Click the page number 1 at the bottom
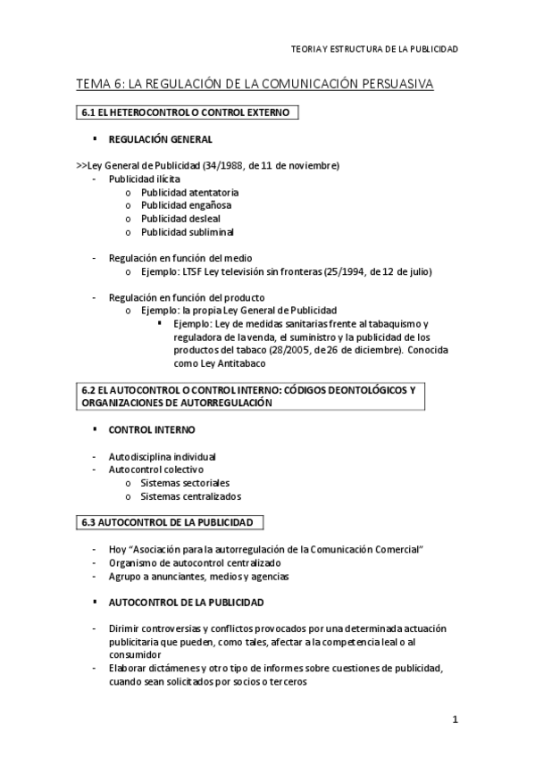455,720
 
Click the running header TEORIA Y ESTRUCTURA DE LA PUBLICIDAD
374,49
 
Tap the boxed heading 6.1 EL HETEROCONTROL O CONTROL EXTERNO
186,112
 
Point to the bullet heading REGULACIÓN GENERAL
160,140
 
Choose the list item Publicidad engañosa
186,205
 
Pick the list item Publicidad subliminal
187,232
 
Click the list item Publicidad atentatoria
189,192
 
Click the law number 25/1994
350,271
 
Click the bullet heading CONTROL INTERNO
154,429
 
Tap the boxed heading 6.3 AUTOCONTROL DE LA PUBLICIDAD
167,521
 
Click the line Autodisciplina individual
162,456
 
